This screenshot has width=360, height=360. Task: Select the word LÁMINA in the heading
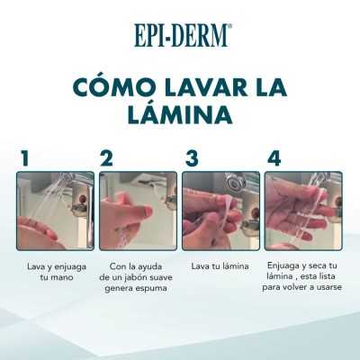coord(180,116)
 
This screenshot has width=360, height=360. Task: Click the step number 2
coord(107,158)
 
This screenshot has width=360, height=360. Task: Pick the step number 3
coord(191,158)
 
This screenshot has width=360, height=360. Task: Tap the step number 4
coord(274,158)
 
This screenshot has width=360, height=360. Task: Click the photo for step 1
coord(55,211)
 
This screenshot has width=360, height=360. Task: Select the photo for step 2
coord(138,211)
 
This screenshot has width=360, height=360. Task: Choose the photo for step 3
coord(220,211)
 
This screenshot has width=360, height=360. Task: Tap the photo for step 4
coord(303,211)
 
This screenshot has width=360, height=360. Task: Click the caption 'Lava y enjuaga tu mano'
coord(55,273)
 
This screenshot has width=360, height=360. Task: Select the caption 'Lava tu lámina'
coord(220,266)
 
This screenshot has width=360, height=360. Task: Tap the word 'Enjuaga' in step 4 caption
coord(286,266)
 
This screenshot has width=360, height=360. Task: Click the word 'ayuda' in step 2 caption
coord(156,267)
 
